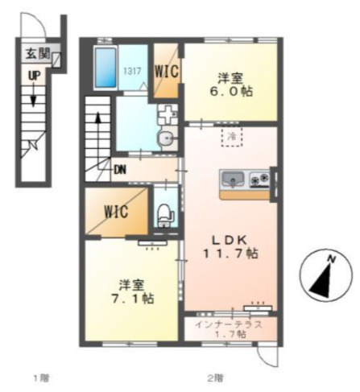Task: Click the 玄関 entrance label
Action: [38, 54]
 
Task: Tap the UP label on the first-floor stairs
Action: [34, 76]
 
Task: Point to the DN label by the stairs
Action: [120, 170]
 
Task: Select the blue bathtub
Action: [106, 68]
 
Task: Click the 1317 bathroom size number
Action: [132, 71]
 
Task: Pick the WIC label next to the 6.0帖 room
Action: [167, 71]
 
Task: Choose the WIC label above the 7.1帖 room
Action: [116, 212]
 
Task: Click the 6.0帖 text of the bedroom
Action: [231, 92]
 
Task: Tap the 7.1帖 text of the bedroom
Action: [133, 298]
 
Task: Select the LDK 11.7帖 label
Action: [230, 246]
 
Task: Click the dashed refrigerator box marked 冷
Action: [232, 137]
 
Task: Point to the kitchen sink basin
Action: [233, 179]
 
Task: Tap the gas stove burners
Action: [259, 179]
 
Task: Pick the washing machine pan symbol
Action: [168, 114]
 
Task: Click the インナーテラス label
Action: [229, 324]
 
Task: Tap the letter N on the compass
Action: [332, 259]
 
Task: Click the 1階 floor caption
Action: [41, 378]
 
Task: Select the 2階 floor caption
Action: [215, 378]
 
